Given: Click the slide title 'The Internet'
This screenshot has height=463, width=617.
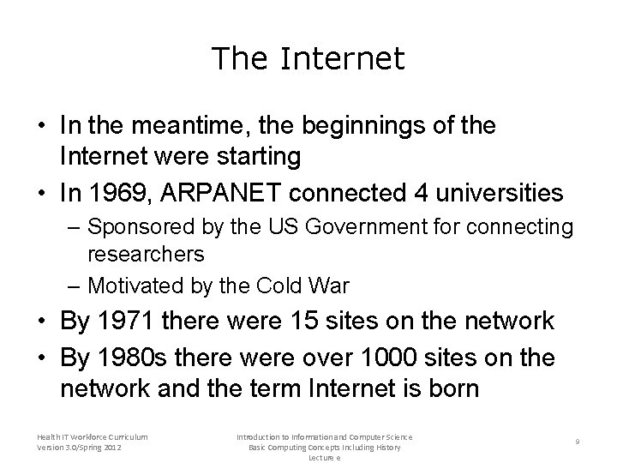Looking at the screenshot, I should [308, 58].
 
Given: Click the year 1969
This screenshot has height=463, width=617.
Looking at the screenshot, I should [120, 192].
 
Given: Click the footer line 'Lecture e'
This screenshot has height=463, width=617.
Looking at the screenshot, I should [326, 458].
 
